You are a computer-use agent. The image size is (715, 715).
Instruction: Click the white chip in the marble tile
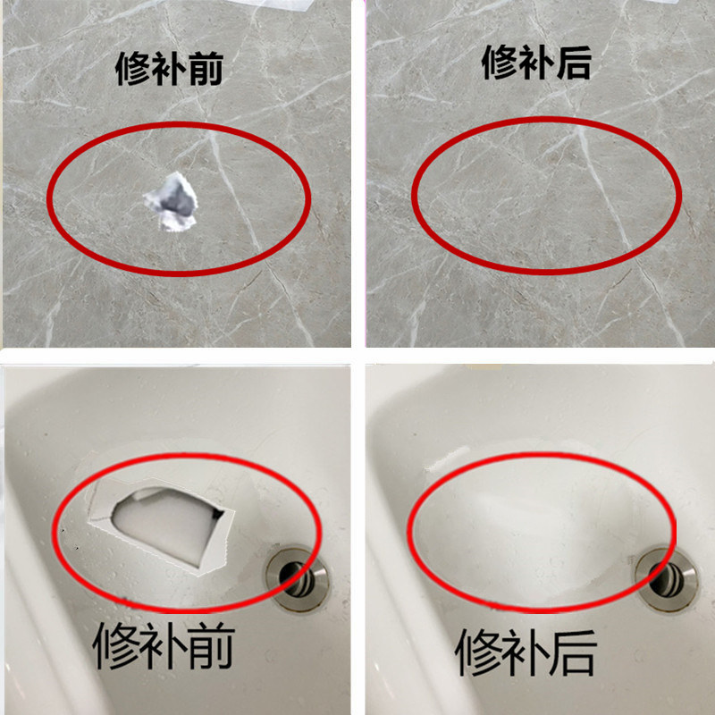tap(172, 202)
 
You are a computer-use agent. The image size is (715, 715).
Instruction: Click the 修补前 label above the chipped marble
tap(170, 68)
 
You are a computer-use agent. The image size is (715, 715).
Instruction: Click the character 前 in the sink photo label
tap(212, 650)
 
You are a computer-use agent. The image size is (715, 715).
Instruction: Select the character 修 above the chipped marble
tap(134, 68)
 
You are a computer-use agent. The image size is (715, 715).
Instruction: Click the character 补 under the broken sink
tap(164, 650)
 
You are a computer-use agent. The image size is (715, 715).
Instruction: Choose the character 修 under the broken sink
tap(117, 650)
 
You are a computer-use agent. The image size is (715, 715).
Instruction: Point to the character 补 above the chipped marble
tap(170, 68)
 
